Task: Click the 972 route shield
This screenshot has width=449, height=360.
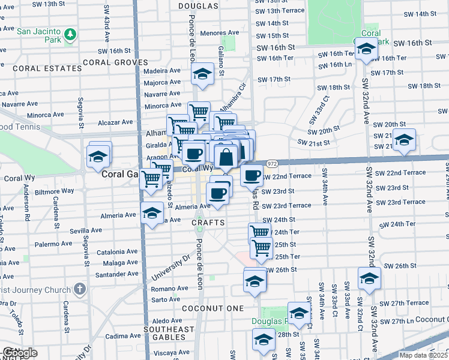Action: coord(272,163)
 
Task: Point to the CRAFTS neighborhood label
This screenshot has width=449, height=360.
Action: coord(208,223)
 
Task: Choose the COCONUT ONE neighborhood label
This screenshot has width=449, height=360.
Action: coord(214,308)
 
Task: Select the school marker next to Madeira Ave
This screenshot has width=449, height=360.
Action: coord(202,74)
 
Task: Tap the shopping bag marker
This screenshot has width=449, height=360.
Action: coord(226,158)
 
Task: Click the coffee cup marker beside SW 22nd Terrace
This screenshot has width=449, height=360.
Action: coord(252,175)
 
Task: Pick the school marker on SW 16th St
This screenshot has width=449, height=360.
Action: coord(365,50)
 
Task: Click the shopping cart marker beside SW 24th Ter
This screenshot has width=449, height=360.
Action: coord(259,232)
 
